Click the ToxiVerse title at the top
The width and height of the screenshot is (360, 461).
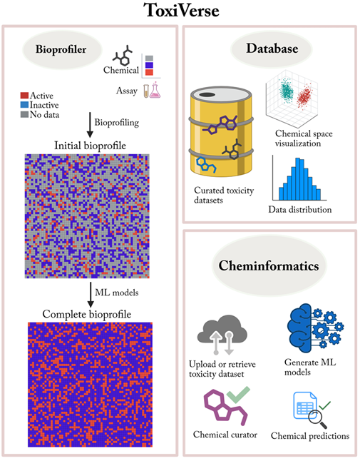(181, 11)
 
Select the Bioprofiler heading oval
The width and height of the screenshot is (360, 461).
(62, 49)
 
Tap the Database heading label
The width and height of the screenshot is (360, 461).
(272, 49)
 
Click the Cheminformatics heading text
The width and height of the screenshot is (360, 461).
(268, 265)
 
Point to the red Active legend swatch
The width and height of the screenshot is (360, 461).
(24, 96)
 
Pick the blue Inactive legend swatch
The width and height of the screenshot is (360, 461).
(24, 105)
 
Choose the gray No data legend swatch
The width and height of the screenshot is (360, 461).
(24, 114)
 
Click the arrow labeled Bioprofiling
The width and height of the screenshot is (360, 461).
(90, 125)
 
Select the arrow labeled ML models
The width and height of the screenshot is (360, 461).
(91, 295)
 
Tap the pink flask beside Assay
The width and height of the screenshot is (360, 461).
(155, 90)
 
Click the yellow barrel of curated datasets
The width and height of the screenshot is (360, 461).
(221, 131)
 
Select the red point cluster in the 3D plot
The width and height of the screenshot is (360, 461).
(304, 96)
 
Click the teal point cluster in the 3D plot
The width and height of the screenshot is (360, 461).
(286, 89)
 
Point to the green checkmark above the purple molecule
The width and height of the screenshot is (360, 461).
(238, 394)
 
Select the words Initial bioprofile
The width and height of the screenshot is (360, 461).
(90, 146)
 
